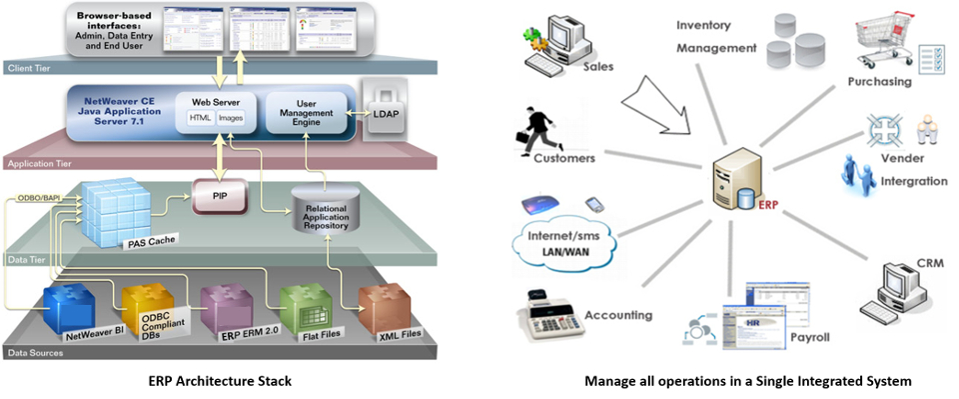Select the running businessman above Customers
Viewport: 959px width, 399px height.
click(540, 128)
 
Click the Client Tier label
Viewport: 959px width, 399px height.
click(31, 68)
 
